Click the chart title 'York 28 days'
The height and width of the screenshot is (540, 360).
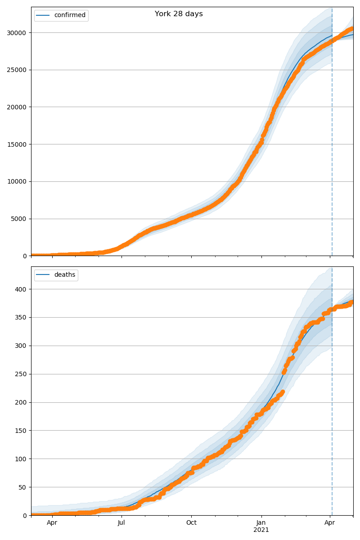[x=179, y=14]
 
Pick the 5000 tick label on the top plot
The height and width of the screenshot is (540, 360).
[x=20, y=219]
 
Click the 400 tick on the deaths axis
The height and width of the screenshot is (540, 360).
[x=21, y=289]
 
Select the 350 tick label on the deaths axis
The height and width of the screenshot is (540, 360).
[x=21, y=317]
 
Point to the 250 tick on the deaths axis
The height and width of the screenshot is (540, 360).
[x=21, y=374]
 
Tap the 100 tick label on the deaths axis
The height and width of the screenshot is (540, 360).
[x=21, y=459]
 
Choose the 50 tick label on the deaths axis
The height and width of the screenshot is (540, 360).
[x=22, y=487]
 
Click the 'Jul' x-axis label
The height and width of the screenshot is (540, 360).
[x=121, y=523]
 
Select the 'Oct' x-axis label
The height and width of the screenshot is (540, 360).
[x=191, y=523]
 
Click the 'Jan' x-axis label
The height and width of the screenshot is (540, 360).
[x=261, y=523]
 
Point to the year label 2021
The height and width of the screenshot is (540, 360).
[x=261, y=530]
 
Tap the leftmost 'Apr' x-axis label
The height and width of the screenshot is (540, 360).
[x=52, y=523]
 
